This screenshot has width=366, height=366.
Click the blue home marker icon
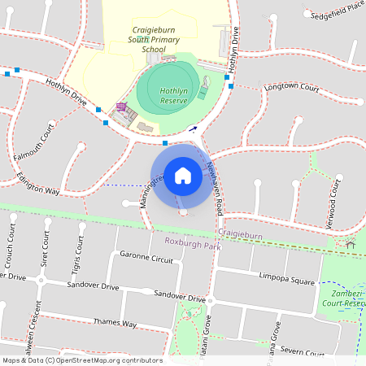tap(182, 175)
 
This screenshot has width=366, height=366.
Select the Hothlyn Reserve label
tap(175, 95)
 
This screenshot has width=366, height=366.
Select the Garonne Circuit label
tap(146, 258)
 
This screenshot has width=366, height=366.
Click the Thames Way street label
tap(115, 323)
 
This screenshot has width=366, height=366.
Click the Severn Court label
tap(302, 350)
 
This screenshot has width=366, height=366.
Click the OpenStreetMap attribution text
tap(82, 360)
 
